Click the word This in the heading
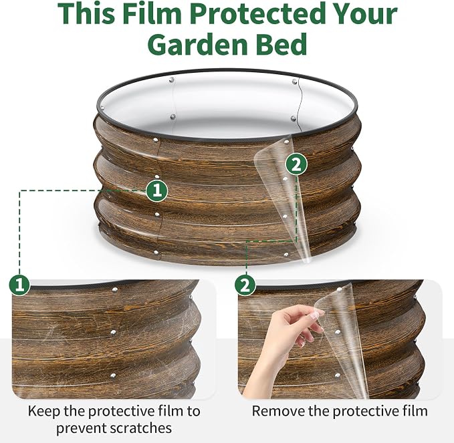[x=86, y=13]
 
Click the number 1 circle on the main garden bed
[x=156, y=190]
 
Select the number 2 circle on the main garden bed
[x=296, y=164]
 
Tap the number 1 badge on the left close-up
[x=19, y=285]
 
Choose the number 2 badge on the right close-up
[x=245, y=285]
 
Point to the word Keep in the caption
[x=43, y=411]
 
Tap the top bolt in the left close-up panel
[x=115, y=289]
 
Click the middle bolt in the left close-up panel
[x=113, y=333]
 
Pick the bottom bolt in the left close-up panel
[x=113, y=376]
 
